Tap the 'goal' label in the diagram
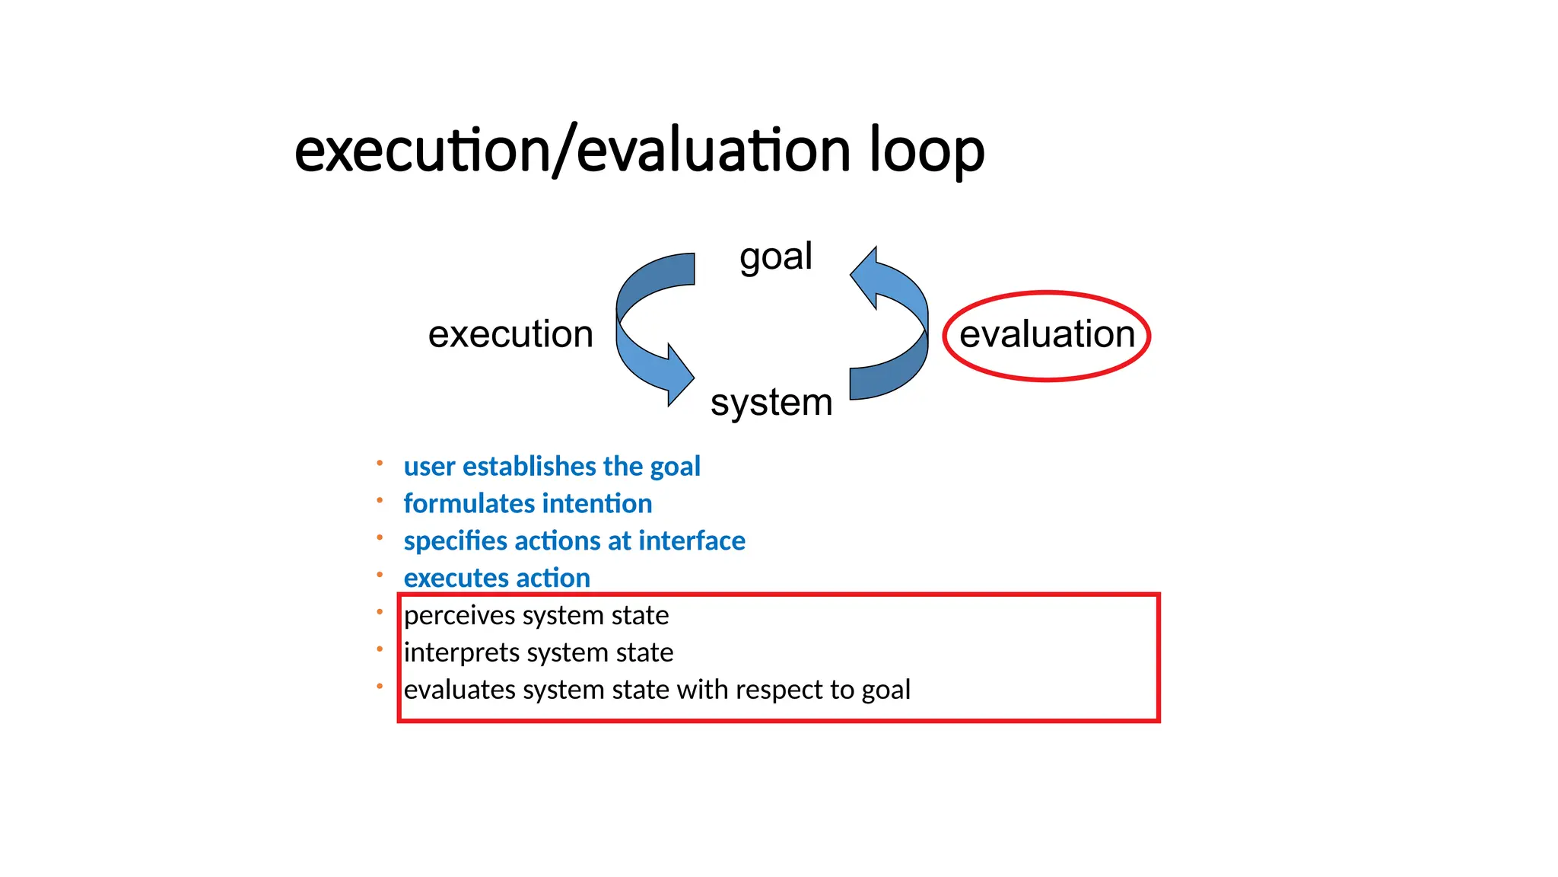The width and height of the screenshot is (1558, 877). coord(775,257)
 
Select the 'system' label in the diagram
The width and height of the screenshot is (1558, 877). coord(771,402)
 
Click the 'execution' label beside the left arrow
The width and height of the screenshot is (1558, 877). coord(510,334)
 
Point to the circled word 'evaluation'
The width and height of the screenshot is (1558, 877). coord(1046,334)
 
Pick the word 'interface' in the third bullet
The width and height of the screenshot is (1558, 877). coord(692,541)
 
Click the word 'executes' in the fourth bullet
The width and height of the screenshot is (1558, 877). coord(452,579)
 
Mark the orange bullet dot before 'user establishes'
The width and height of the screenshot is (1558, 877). coord(380,463)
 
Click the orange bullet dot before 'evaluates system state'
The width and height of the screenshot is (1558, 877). coord(380,687)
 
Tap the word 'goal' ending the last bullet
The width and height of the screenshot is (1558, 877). coord(886,690)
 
